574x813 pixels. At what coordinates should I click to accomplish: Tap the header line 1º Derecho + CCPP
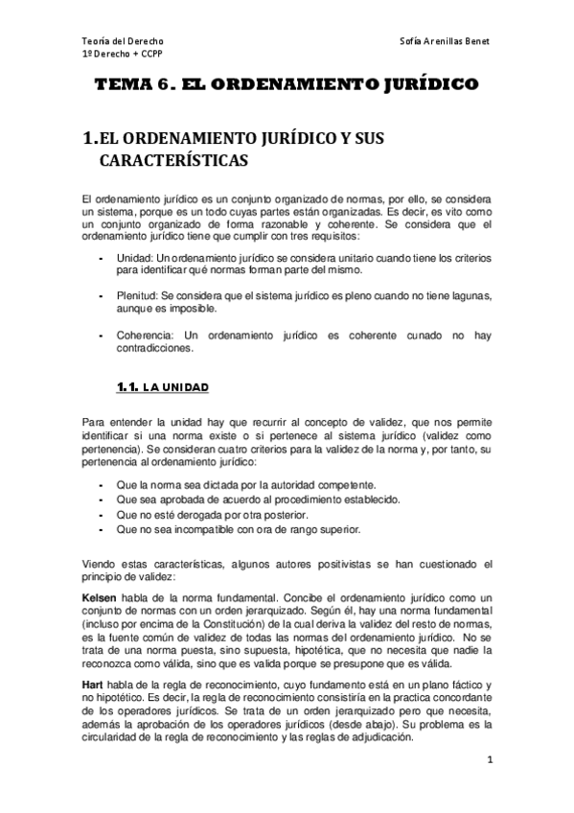(x=123, y=56)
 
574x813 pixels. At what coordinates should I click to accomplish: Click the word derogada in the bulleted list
(x=188, y=515)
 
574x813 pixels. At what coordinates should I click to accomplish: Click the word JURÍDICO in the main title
(x=424, y=85)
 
